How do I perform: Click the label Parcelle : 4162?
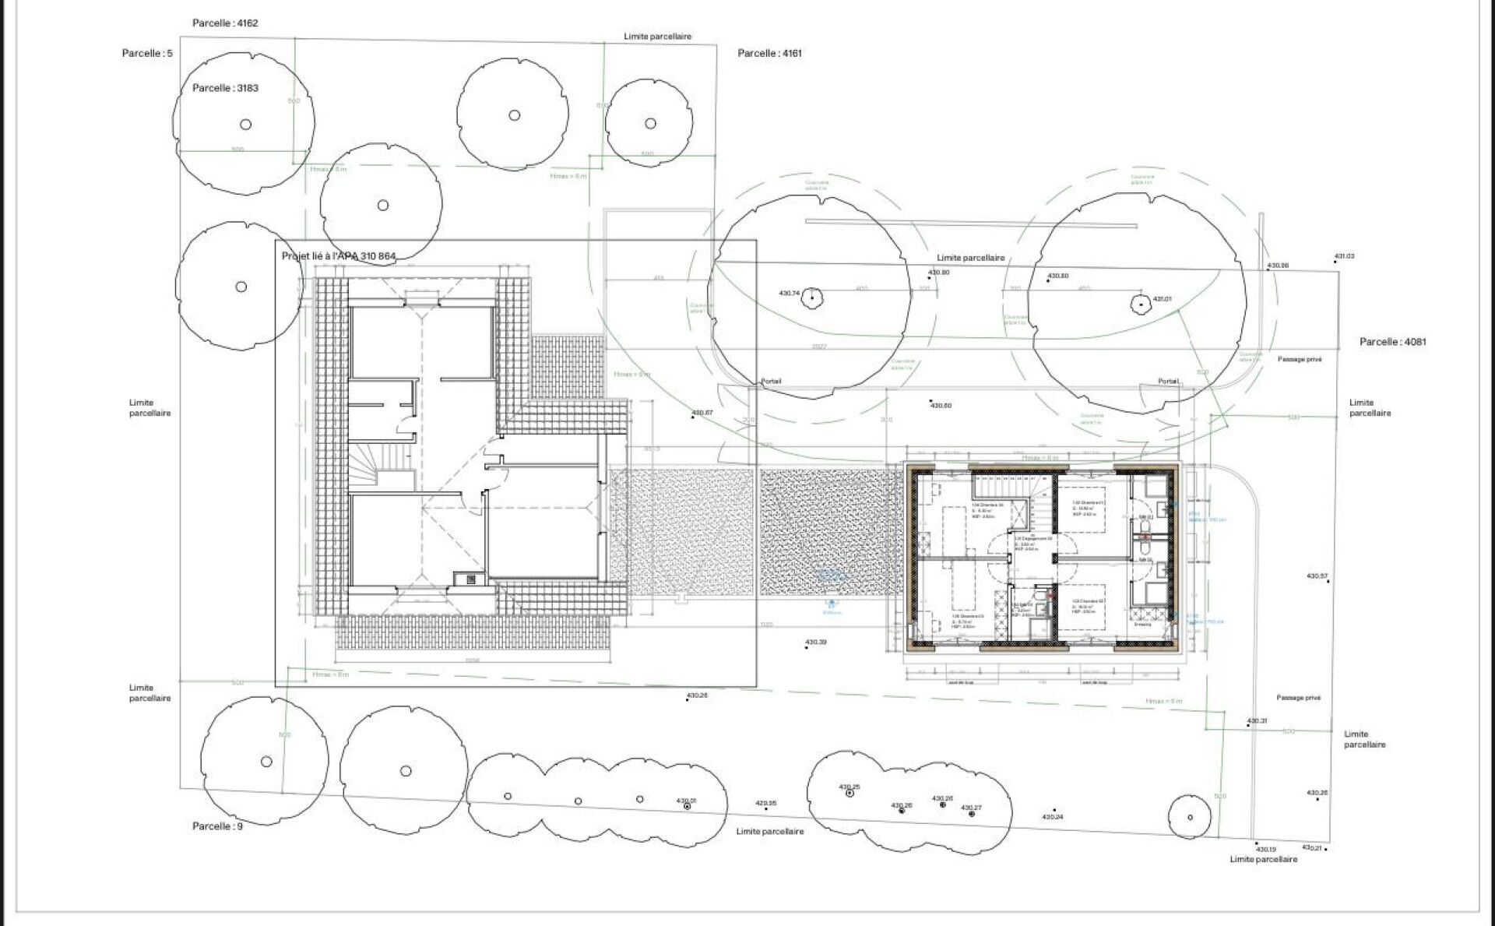(x=225, y=23)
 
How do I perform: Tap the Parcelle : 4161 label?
(x=769, y=53)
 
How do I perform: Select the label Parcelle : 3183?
(x=225, y=88)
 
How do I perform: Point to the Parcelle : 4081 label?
(x=1393, y=341)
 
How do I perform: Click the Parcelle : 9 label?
(x=217, y=826)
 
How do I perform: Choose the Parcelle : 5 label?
(x=147, y=53)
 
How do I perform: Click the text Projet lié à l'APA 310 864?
(x=339, y=255)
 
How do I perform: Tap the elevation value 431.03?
(x=1344, y=255)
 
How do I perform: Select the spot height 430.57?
(x=1317, y=576)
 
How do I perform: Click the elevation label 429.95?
(x=766, y=803)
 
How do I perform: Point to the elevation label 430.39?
(x=815, y=643)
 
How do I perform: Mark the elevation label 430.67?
(x=702, y=412)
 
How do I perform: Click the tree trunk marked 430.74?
(x=812, y=297)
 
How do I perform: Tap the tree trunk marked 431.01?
(x=1141, y=303)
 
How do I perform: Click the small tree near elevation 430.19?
(x=1190, y=817)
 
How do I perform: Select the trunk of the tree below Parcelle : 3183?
(x=245, y=125)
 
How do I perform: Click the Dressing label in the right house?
(x=1142, y=624)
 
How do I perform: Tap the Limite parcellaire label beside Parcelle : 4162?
(x=657, y=37)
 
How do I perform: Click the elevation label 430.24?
(x=1052, y=816)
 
